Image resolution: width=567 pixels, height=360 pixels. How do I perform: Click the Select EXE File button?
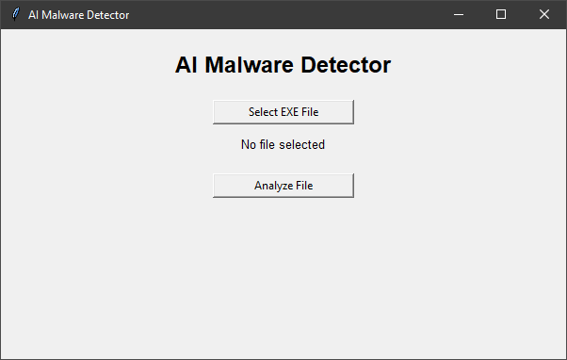tap(283, 112)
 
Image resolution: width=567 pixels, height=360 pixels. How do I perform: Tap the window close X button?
tap(544, 14)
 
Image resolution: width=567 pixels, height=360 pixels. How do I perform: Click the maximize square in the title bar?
tap(501, 14)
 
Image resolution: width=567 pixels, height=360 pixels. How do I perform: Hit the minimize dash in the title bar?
tap(459, 15)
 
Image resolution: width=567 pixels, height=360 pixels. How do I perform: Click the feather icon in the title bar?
tap(16, 14)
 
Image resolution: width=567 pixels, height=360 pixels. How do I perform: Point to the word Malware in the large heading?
tap(250, 65)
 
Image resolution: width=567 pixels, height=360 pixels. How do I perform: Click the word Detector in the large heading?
tap(346, 65)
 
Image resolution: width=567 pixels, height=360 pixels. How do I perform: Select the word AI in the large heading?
tap(186, 65)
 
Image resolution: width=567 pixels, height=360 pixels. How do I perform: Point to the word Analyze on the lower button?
tap(273, 186)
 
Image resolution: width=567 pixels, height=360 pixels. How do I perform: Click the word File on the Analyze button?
tap(304, 186)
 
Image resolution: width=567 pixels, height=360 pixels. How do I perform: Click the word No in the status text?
tap(249, 145)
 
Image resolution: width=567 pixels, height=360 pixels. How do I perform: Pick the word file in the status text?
tap(267, 145)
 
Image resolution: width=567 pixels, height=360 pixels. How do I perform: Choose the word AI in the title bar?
tap(33, 15)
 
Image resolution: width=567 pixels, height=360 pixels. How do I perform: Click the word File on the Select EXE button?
tap(310, 112)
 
